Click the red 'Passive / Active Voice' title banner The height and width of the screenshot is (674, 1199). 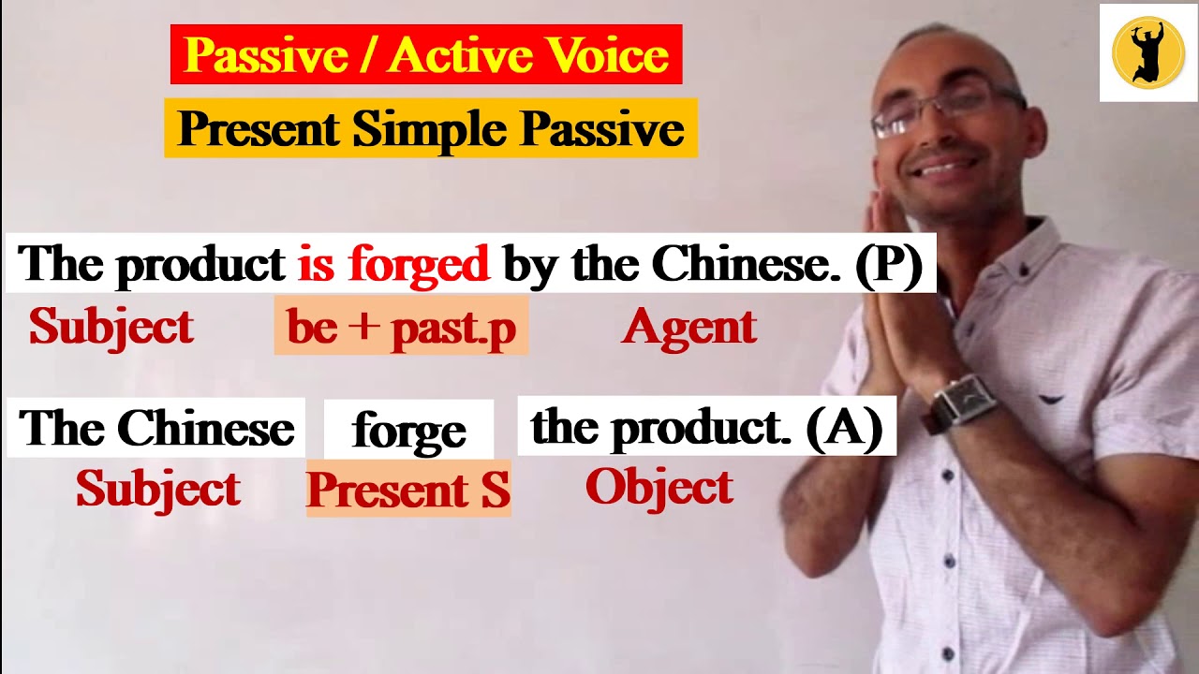coord(426,55)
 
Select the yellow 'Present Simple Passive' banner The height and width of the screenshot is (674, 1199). coord(431,128)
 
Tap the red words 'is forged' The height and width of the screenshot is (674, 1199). coord(393,265)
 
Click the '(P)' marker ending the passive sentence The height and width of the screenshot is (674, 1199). coord(888,265)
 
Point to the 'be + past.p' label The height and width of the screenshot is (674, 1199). coord(401,327)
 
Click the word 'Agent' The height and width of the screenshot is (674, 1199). coord(688,327)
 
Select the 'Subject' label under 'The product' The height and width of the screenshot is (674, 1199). coord(111,327)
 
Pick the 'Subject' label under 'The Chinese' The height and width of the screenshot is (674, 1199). coord(157,489)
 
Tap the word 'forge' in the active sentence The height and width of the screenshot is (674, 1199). coord(408,431)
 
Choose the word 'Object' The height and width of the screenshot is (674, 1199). coord(659,487)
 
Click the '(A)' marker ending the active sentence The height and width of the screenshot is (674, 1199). coord(844,428)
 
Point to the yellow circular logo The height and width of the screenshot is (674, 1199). coord(1148,52)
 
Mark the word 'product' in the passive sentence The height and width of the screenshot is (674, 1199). coord(200,265)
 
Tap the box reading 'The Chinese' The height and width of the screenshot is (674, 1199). coord(156,429)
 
